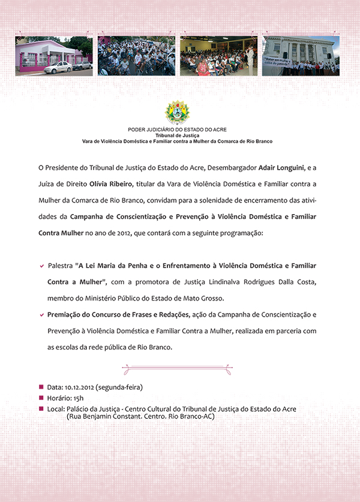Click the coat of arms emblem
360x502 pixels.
(177, 113)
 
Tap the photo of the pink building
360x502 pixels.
(54, 56)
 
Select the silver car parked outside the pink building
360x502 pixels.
(58, 67)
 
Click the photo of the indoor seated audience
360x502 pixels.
(218, 56)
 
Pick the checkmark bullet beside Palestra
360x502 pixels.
(41, 265)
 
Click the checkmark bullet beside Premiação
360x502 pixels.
(41, 314)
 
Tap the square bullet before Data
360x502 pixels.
(41, 387)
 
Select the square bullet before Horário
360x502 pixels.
(41, 398)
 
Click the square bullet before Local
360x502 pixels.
(41, 409)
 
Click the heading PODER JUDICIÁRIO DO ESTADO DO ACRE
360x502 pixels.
(177, 130)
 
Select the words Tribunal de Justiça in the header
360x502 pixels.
(177, 136)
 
